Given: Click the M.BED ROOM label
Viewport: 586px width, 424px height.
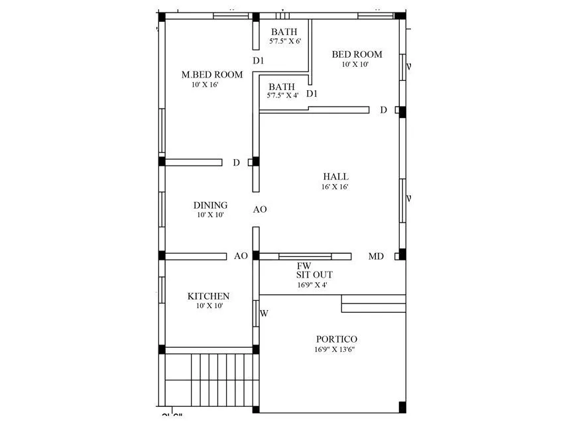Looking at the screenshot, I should pos(212,75).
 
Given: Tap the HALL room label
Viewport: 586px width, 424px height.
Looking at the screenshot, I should pos(335,176).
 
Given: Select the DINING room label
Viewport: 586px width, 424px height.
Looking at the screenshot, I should pos(210,205).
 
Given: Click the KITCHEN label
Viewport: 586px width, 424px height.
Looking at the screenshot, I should pos(208,296).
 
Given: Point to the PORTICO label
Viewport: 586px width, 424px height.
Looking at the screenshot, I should pos(336,339).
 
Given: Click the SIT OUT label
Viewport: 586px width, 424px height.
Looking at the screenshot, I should pos(314,274).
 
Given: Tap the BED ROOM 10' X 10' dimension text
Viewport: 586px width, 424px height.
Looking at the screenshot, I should pos(355,64).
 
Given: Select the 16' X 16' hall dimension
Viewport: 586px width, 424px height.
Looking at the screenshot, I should pos(335,187).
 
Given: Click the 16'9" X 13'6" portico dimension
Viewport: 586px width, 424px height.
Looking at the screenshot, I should pos(335,350).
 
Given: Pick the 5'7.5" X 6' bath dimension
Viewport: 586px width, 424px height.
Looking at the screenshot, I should pos(285,41).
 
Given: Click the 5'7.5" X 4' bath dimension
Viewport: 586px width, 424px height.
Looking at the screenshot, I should pos(283,95).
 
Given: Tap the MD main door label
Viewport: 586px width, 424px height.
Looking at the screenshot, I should pos(376,256).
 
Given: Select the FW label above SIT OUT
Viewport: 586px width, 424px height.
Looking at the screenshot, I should pos(304,266).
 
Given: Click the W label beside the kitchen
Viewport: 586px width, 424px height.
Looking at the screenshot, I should pos(264,313).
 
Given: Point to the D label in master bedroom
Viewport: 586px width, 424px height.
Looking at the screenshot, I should pos(236,162).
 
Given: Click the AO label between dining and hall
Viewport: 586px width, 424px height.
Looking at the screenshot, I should pos(260,209).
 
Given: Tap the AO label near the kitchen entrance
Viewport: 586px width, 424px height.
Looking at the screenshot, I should pos(241,256).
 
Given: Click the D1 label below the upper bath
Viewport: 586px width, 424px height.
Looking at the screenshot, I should pos(259,61).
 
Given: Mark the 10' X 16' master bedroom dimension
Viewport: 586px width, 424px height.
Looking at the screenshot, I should pos(205,85).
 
